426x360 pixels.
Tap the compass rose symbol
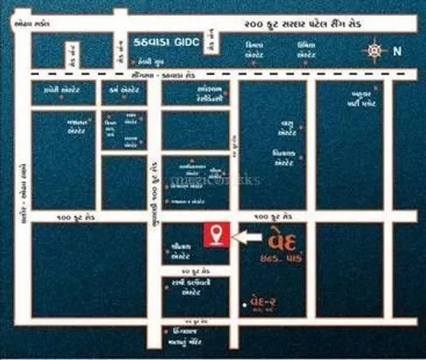point(375,51)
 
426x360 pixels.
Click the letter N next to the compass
point(396,52)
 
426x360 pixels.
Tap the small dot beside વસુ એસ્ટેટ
point(301,126)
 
